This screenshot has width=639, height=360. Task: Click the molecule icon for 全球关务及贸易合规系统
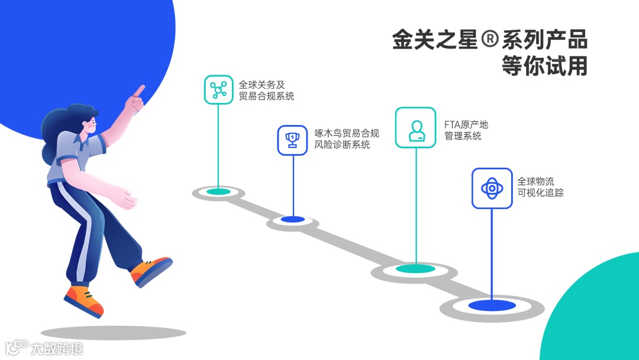point(218,89)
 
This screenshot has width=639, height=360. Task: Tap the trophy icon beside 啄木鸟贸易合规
point(292,140)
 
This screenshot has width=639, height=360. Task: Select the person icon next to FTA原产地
point(415,127)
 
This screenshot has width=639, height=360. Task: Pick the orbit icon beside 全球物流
point(492,188)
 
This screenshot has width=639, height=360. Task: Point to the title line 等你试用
point(544,66)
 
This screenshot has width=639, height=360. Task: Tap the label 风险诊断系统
point(342,144)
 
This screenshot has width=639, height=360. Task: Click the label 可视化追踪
point(540,192)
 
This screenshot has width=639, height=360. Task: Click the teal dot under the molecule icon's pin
point(218,192)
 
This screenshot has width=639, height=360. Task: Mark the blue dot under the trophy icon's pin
point(292,220)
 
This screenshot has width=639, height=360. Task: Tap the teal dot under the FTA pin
point(415,269)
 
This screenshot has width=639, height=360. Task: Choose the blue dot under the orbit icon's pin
point(491,306)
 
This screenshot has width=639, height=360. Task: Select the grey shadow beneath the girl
point(113,333)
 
